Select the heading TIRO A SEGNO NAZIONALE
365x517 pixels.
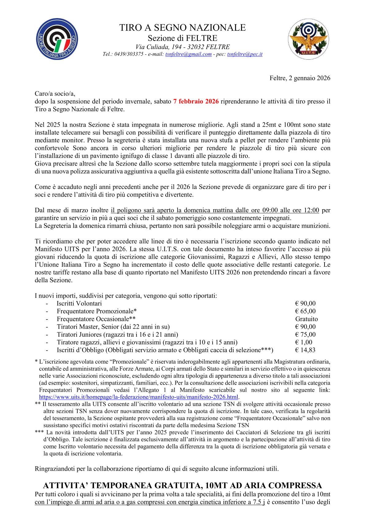[x=182, y=28]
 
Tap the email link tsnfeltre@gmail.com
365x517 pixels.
[x=188, y=54]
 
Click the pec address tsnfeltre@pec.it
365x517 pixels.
[x=244, y=54]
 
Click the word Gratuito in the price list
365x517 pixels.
[x=306, y=319]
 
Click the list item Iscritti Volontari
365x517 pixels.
[x=79, y=304]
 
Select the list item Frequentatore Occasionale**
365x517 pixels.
[x=96, y=319]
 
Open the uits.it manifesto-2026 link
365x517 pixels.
[x=139, y=397]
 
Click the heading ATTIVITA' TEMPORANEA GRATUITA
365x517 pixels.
[x=182, y=485]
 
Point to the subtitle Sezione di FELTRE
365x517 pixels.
[x=182, y=38]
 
